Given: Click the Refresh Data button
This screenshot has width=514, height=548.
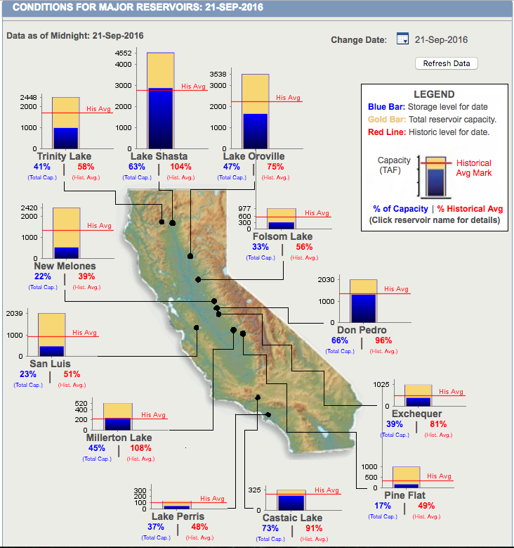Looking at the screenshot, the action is tap(447, 63).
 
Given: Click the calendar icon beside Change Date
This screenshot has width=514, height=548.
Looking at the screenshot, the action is tap(402, 39).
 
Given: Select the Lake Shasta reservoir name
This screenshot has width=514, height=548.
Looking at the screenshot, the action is tap(159, 156).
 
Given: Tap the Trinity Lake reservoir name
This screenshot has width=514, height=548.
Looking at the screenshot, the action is tap(64, 156).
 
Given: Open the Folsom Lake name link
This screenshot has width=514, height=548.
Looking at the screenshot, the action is tap(283, 236).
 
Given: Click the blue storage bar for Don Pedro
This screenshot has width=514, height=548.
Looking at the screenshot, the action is tap(363, 308).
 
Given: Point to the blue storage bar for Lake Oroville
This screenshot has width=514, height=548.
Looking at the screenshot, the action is tap(255, 131).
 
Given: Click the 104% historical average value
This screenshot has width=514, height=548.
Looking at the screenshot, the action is tap(180, 167).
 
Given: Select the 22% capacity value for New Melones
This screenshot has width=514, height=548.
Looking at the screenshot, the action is tap(43, 276).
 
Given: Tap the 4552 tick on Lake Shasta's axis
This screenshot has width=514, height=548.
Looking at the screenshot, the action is tap(124, 53).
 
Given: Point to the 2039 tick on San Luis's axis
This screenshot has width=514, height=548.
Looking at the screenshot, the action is tap(14, 314).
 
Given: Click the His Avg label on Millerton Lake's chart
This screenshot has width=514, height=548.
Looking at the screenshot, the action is tap(153, 415).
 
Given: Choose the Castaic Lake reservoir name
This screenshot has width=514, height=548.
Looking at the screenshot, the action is tap(292, 518).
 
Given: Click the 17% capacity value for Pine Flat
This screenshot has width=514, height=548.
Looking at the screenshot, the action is tap(383, 506).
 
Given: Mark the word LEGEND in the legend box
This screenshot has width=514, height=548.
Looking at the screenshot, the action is tap(434, 94).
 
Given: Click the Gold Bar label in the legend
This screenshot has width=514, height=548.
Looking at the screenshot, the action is tap(387, 120).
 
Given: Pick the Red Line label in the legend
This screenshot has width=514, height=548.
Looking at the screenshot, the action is tap(387, 132).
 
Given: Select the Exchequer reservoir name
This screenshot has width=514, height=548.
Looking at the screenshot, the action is tap(416, 414).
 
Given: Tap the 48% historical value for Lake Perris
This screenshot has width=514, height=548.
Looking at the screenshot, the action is tap(199, 527).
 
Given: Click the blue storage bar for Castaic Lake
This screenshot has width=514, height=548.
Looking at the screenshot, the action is tap(291, 503).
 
